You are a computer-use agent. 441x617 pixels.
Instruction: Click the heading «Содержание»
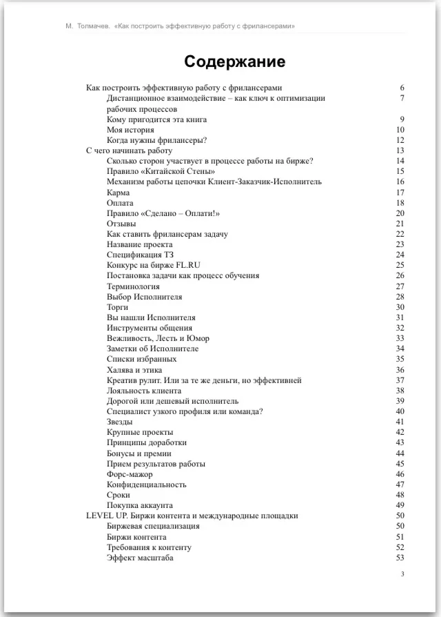click(x=234, y=61)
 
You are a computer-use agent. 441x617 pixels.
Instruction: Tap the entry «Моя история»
click(x=130, y=130)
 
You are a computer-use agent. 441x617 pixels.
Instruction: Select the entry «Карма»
click(x=119, y=193)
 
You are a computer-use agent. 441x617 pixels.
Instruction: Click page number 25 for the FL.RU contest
click(x=400, y=266)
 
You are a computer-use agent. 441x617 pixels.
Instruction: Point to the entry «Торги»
click(x=118, y=307)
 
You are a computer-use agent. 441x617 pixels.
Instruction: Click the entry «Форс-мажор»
click(x=130, y=474)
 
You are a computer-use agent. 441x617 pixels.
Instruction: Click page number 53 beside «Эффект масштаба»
click(x=400, y=558)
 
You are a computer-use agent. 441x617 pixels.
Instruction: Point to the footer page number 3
click(x=402, y=574)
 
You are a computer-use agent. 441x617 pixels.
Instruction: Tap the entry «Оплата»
click(x=120, y=203)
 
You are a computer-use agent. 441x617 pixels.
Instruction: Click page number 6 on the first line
click(x=402, y=88)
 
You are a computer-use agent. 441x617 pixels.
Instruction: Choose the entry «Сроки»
click(x=119, y=495)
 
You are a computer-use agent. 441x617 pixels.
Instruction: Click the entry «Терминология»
click(x=133, y=286)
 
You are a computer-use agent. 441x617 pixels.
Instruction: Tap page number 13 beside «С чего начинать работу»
click(x=400, y=150)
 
